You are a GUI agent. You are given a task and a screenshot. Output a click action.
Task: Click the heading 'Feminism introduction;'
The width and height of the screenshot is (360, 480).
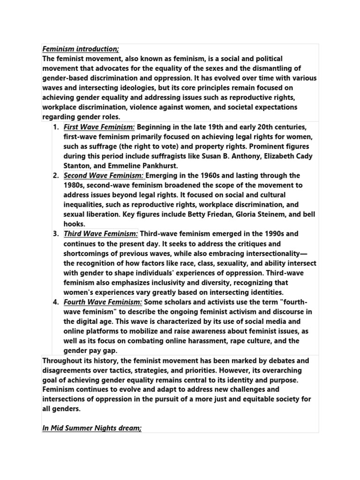80,48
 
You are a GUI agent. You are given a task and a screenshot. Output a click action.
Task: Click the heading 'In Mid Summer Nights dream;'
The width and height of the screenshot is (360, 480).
92,428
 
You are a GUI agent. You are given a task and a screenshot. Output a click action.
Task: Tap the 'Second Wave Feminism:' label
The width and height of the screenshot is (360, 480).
105,175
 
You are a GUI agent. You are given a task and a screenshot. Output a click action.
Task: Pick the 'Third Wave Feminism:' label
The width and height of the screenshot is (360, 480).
101,233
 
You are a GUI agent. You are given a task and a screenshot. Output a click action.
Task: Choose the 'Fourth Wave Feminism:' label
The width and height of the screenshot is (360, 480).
103,302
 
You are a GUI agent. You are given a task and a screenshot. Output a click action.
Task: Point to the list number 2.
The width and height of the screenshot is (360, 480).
55,175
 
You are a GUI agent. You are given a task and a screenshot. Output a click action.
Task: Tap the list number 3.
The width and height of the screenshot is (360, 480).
55,233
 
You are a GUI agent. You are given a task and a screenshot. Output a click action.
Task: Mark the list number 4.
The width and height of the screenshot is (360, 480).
55,302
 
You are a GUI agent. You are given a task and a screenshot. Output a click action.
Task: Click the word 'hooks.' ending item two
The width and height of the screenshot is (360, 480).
75,224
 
